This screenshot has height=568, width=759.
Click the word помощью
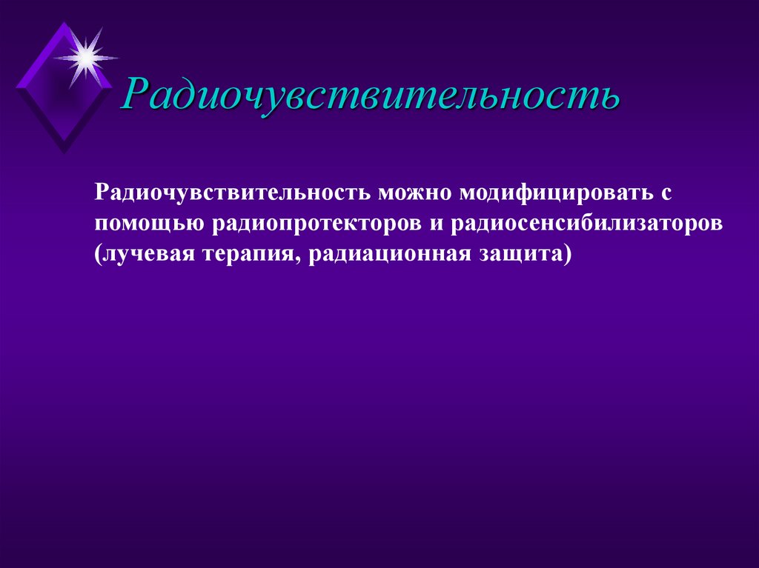152,224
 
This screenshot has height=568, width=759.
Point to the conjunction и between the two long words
435,224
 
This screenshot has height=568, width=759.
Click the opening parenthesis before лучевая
99,255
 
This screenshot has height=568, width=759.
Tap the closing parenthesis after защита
568,255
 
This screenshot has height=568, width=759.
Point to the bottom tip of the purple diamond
64,152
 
